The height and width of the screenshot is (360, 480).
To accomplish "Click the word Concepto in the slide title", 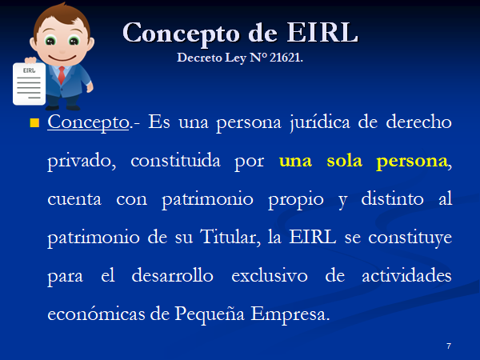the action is pyautogui.click(x=181, y=34).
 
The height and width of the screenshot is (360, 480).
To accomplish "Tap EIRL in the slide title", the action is pyautogui.click(x=322, y=32).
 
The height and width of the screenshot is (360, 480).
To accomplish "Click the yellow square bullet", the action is pyautogui.click(x=34, y=122).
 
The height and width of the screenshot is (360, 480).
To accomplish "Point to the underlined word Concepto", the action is pyautogui.click(x=88, y=123).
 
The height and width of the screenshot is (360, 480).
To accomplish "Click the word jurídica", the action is pyautogui.click(x=320, y=123).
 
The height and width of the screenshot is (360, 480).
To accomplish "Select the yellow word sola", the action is pyautogui.click(x=344, y=161).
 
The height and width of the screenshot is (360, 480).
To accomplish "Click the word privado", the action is pyautogui.click(x=82, y=162).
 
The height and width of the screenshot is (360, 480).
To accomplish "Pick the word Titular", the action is pyautogui.click(x=230, y=237).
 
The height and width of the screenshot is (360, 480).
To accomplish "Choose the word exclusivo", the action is pyautogui.click(x=270, y=275).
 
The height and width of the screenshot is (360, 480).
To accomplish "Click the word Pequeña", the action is pyautogui.click(x=210, y=314).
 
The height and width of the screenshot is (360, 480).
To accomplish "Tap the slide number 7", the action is pyautogui.click(x=449, y=346).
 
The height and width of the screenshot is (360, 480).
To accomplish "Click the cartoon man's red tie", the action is pyautogui.click(x=62, y=75).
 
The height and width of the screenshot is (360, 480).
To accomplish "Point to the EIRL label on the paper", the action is pyautogui.click(x=29, y=70).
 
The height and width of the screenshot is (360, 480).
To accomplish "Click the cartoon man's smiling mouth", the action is pyautogui.click(x=62, y=58).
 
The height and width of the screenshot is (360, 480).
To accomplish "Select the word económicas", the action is pyautogui.click(x=96, y=314).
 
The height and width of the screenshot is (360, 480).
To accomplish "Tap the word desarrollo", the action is pyautogui.click(x=172, y=275).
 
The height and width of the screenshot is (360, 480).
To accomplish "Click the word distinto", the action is pyautogui.click(x=393, y=198).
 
